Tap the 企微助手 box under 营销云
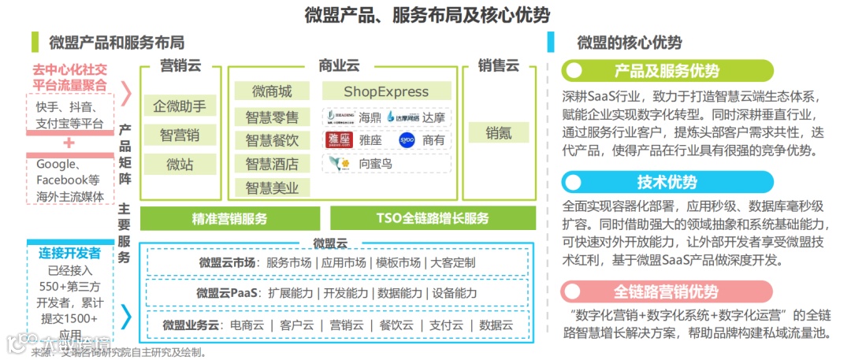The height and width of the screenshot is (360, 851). (180, 106)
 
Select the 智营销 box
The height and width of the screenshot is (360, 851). (180, 135)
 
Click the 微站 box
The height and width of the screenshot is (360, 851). (180, 164)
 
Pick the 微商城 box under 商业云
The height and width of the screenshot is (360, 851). (272, 91)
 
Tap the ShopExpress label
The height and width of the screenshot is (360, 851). (386, 91)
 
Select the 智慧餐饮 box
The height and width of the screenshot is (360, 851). (272, 141)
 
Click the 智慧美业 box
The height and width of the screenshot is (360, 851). (272, 187)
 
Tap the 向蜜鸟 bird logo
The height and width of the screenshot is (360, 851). (338, 164)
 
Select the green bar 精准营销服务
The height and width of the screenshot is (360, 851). (229, 218)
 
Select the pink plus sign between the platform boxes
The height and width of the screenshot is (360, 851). (69, 143)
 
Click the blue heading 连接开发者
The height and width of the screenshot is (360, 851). (69, 253)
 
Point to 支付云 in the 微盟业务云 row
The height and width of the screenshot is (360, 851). (447, 325)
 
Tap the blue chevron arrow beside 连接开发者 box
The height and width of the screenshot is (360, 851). (126, 316)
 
